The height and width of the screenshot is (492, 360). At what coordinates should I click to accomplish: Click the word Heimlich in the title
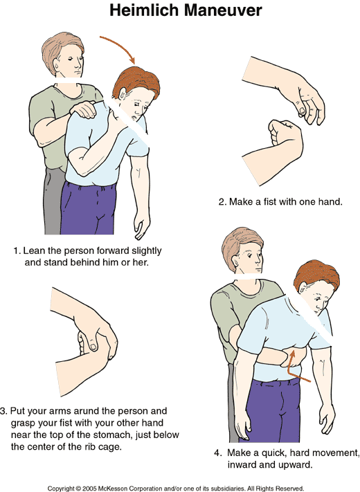(144, 10)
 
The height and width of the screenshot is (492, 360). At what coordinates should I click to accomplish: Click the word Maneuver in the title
(223, 10)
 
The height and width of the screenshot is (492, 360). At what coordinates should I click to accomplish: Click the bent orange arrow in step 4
(296, 367)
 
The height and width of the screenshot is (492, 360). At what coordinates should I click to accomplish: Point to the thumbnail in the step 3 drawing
(93, 347)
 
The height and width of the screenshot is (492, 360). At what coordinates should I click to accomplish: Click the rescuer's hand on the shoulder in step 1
(83, 110)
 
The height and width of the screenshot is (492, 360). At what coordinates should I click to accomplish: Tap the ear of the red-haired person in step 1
(123, 93)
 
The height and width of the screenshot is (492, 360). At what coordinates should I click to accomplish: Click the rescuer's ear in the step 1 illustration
(57, 65)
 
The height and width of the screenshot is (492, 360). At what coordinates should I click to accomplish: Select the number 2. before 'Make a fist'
(222, 202)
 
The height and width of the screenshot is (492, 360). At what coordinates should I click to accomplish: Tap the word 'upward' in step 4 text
(296, 464)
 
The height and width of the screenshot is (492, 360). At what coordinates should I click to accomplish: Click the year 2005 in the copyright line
(89, 489)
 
